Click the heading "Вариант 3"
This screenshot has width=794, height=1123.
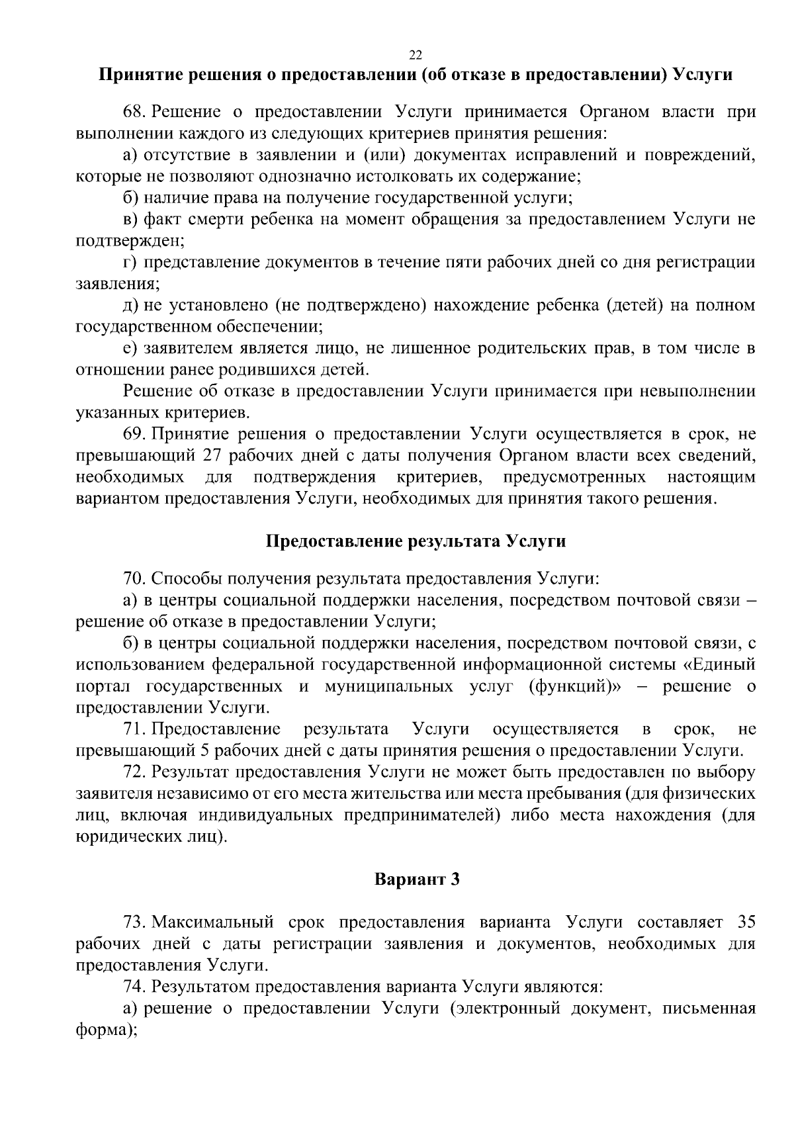pyautogui.click(x=416, y=879)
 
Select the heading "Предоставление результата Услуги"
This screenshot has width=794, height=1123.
pyautogui.click(x=416, y=541)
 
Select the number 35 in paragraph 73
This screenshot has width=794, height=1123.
pyautogui.click(x=745, y=922)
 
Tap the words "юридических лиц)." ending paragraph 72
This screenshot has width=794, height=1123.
pyautogui.click(x=152, y=837)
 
